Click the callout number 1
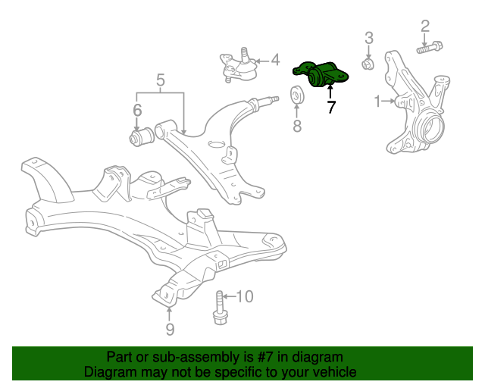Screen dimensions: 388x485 [x=378, y=100]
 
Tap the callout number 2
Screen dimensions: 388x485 [x=425, y=26]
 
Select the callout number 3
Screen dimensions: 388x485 [x=369, y=37]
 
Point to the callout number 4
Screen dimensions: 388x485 [x=274, y=59]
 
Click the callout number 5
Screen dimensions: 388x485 [x=161, y=80]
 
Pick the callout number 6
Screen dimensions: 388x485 [x=137, y=111]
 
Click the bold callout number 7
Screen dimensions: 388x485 [x=330, y=107]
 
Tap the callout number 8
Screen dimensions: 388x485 [x=297, y=125]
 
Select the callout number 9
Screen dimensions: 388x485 [x=170, y=329]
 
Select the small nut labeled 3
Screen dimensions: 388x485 [x=367, y=64]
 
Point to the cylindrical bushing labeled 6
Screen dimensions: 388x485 [x=139, y=138]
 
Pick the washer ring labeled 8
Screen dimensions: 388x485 [x=298, y=96]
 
